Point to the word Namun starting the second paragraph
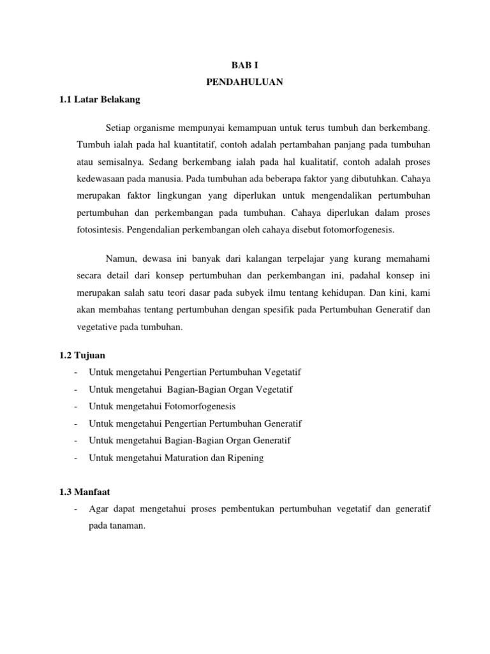click(x=120, y=259)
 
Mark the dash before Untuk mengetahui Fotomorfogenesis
click(x=77, y=406)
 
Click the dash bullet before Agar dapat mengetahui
click(x=77, y=510)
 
